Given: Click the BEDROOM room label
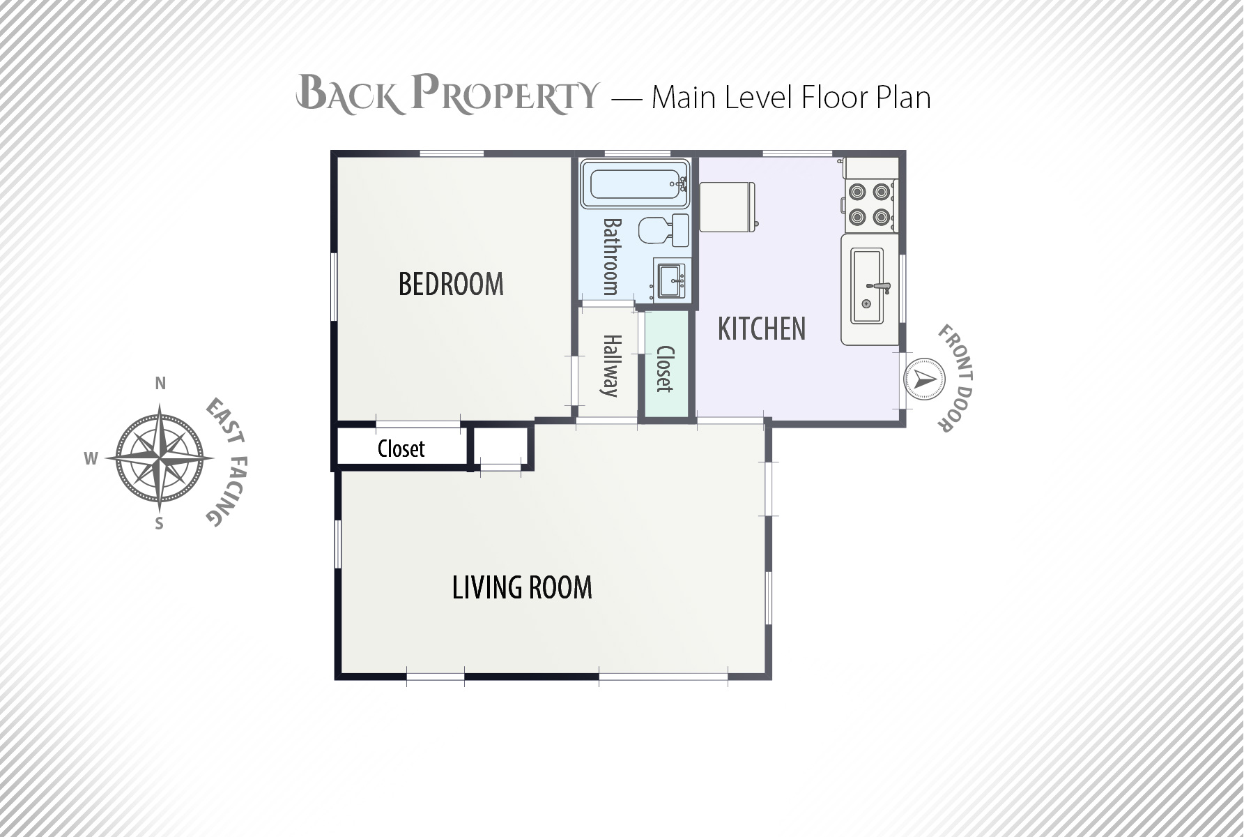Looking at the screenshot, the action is (x=451, y=284).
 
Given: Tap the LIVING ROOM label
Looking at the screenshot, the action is (x=522, y=587).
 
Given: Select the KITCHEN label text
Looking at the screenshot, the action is (x=762, y=329).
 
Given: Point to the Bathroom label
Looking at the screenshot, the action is (x=611, y=257).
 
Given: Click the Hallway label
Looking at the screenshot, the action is (x=611, y=365).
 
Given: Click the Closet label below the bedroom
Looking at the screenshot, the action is (x=401, y=448).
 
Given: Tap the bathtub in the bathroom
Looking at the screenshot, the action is (x=635, y=183).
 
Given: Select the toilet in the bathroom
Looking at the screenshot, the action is (x=663, y=230).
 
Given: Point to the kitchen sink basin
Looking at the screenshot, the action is (x=868, y=287).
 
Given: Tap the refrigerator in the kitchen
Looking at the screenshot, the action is (x=727, y=206).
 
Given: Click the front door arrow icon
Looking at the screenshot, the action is (x=925, y=379).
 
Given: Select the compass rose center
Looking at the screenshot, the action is (x=160, y=458).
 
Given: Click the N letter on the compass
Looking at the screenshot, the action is (x=160, y=383).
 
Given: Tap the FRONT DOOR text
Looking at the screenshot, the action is (x=955, y=378).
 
